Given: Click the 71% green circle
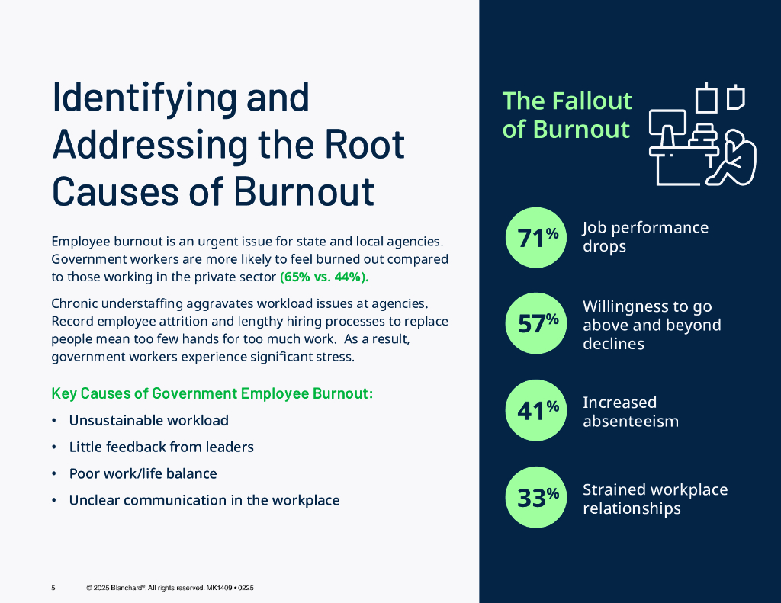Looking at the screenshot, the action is tap(537, 237).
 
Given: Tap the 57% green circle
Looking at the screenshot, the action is tap(537, 324).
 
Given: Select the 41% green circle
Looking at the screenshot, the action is tap(537, 411).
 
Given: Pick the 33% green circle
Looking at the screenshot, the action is tap(537, 498).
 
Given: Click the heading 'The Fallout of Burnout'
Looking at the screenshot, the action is tap(567, 115).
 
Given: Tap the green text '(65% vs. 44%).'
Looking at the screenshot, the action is tap(324, 277).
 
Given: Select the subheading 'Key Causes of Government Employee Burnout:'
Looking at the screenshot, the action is tap(212, 393).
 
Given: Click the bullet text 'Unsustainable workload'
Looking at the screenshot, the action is tap(149, 420).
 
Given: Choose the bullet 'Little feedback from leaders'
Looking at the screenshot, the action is tap(161, 447).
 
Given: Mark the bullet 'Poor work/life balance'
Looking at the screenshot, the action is tap(143, 473).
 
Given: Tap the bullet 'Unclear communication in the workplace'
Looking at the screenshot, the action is tap(204, 500).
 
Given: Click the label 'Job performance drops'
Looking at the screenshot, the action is tap(645, 236).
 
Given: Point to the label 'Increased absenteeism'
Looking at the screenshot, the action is tap(630, 411).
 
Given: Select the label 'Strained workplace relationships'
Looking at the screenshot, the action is tap(655, 499).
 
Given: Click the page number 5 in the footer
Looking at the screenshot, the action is tap(53, 588).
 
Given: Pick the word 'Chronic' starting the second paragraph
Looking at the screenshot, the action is tap(75, 304).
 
